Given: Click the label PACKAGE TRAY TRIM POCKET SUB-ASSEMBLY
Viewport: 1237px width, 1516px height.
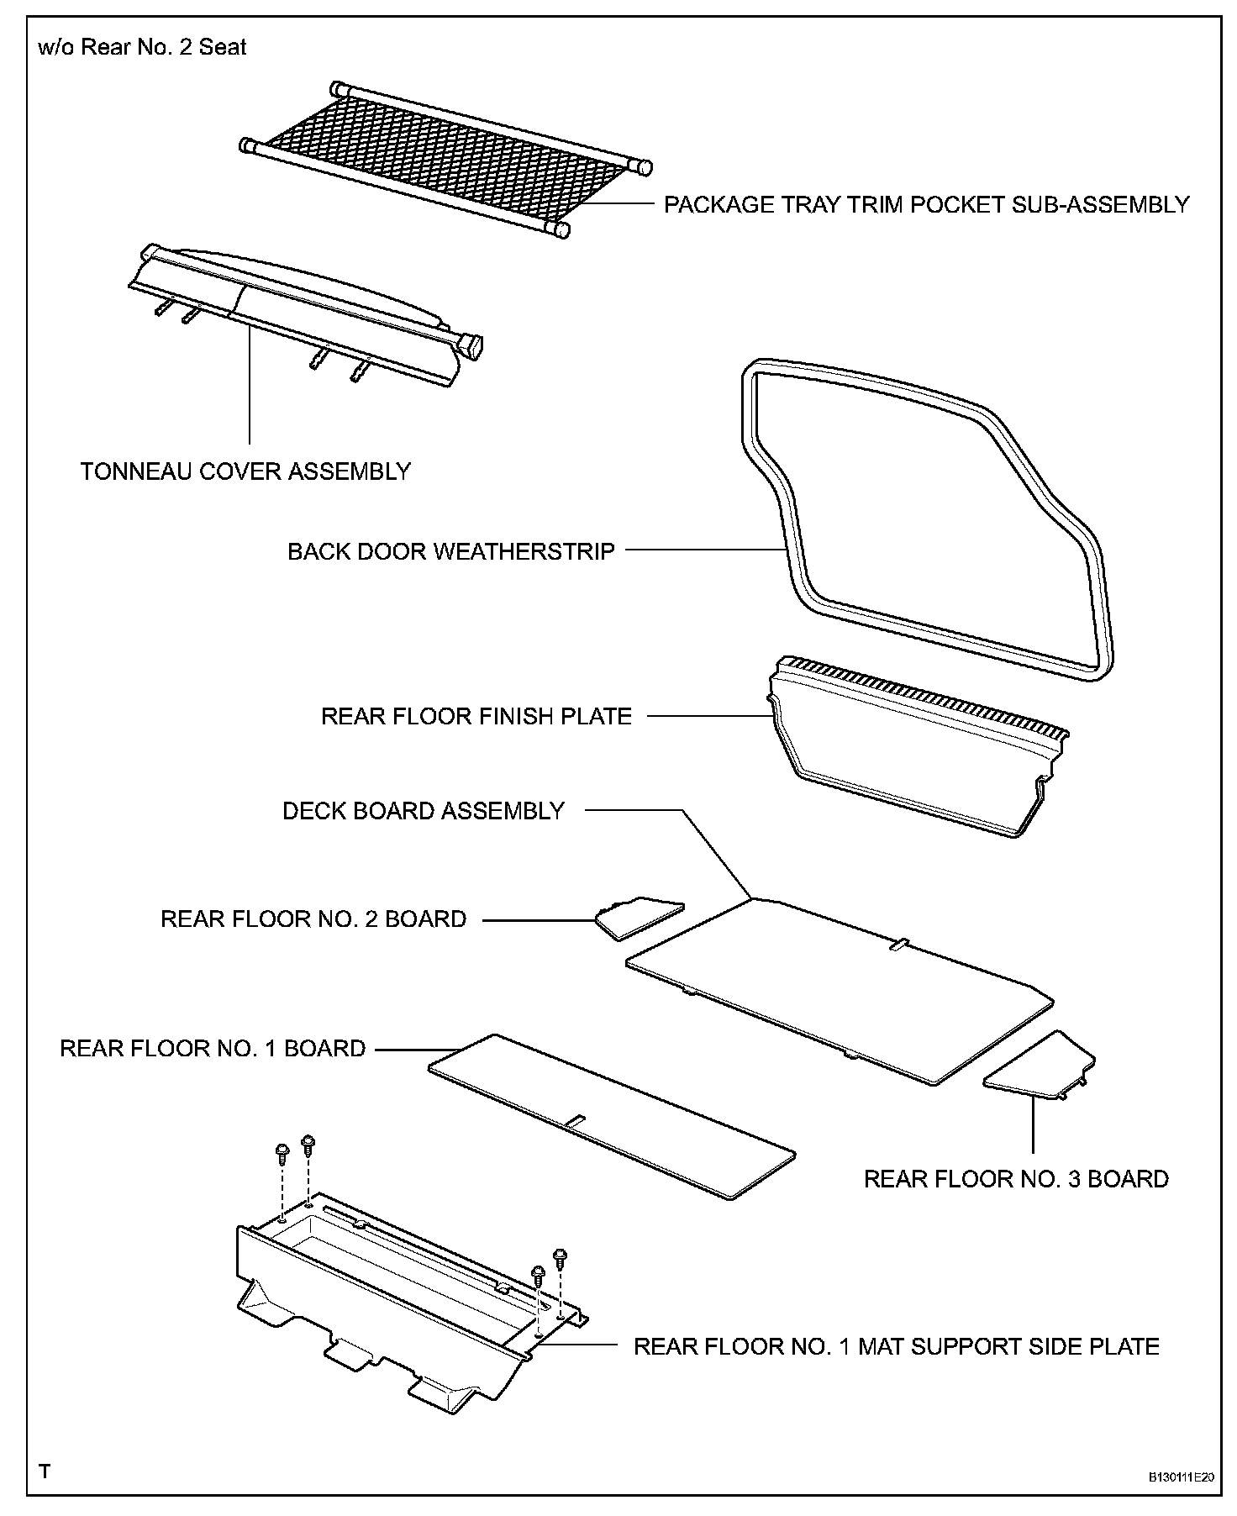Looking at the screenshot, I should (x=926, y=205).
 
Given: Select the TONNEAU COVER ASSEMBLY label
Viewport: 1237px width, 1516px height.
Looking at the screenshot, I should (x=245, y=471).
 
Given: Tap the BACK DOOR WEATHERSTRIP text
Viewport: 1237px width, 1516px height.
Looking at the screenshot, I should (x=451, y=552).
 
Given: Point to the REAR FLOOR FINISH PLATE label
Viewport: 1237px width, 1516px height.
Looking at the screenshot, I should (x=476, y=717).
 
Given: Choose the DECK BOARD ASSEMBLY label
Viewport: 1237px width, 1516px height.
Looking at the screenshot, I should (x=424, y=811).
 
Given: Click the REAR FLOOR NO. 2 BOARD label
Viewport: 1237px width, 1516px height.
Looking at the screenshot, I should (x=313, y=919).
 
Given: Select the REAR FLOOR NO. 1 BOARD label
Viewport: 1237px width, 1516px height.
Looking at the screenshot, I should (x=213, y=1049).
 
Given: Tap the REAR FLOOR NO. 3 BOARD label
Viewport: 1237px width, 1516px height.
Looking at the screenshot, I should (x=1016, y=1179).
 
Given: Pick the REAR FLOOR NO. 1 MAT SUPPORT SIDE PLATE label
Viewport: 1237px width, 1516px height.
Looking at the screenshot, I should (x=896, y=1346).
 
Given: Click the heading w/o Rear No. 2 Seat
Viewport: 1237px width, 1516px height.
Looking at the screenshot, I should (x=143, y=47).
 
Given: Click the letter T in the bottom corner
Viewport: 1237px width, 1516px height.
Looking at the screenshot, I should (x=45, y=1471).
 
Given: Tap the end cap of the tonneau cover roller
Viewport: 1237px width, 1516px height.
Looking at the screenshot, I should (x=471, y=345).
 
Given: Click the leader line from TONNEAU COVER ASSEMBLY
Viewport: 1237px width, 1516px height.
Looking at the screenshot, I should (x=250, y=387).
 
